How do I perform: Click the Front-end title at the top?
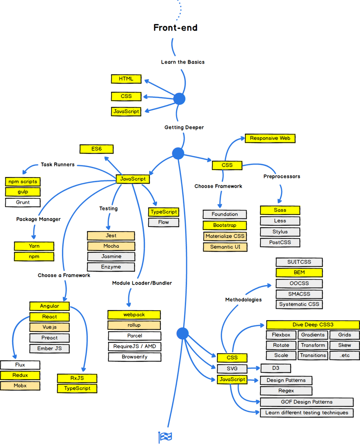pos(175,28)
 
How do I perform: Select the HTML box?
pos(126,79)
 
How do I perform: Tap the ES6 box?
pos(96,149)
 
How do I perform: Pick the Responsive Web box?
pos(270,138)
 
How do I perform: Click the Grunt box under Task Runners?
pos(23,202)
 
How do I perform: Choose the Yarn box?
pos(34,246)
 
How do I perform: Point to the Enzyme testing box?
pos(111,267)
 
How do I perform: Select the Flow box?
pos(163,222)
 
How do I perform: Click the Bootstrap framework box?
pos(225,225)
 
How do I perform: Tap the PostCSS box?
pos(280,242)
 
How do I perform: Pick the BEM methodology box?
pos(299,272)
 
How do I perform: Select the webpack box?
pos(134,315)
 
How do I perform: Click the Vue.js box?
pos(49,327)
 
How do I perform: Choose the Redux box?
pos(20,375)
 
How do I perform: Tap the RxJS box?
pos(77,378)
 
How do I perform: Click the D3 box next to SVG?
pos(275,368)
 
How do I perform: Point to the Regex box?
pos(286,391)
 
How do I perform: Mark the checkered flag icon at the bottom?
pos(165,437)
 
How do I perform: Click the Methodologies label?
pos(243,299)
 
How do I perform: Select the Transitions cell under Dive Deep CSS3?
pos(313,355)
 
